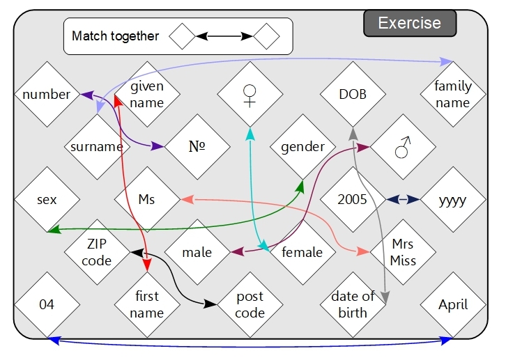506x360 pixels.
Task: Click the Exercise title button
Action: coord(410,23)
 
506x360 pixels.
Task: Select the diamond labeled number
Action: coord(46,95)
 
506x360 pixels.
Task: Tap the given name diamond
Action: coord(147,95)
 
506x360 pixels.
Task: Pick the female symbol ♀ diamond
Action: coord(250,95)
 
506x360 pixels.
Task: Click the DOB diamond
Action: coord(353,95)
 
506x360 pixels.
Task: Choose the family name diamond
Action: coord(453,95)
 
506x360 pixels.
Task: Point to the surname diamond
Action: coord(97,147)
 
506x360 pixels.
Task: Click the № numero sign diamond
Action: coord(198,147)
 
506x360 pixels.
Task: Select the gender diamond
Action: coord(302,147)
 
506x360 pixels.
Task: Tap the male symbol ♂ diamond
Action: coord(403,147)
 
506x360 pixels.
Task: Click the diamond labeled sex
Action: coord(46,200)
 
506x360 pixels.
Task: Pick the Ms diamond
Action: coord(147,200)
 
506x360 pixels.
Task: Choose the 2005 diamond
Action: coord(352,200)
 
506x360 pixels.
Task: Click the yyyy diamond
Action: coord(453,200)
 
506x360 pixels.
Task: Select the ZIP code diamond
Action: coord(97,252)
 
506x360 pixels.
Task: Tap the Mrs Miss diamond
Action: coord(403,252)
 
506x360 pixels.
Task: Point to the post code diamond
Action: coord(250,304)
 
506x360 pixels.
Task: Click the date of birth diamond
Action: coord(353,304)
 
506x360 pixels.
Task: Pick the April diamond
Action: coord(453,304)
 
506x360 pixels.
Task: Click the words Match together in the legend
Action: coord(115,36)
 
